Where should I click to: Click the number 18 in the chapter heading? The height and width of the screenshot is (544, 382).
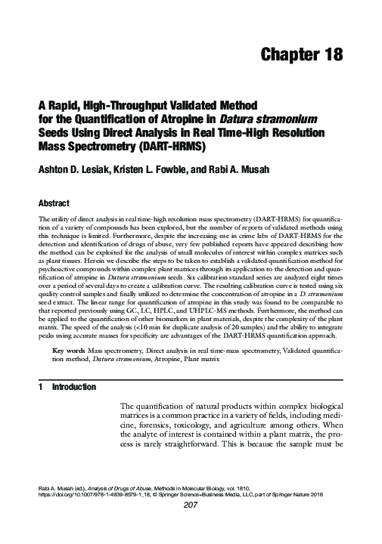pos(329,55)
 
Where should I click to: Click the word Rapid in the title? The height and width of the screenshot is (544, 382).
pos(61,104)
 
